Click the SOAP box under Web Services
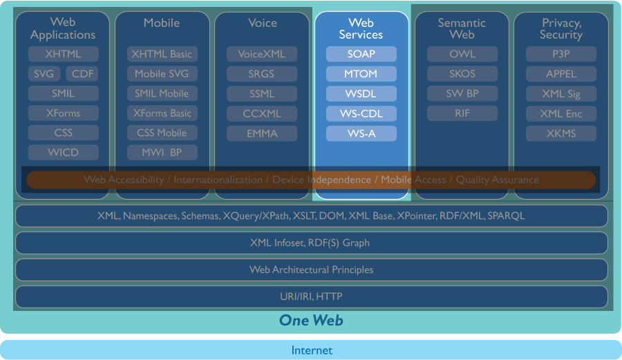361,54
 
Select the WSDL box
361,93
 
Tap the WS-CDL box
361,113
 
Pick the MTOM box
361,74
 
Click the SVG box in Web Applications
44,74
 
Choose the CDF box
82,74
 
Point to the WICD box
64,153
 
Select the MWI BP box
162,153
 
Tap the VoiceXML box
262,54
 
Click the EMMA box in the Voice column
262,133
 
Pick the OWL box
462,54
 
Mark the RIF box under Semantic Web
462,113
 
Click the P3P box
560,54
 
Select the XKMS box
560,133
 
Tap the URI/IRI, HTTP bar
311,297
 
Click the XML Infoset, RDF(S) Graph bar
311,243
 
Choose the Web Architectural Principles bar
311,270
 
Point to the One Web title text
311,320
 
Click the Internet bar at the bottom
311,350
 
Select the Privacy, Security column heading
560,29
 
